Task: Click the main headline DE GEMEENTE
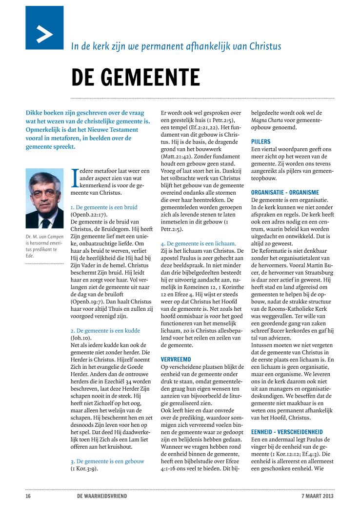click(x=135, y=77)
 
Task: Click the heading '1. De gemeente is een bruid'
click(x=104, y=207)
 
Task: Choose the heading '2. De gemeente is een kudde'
click(x=105, y=317)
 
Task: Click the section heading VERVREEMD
click(x=176, y=345)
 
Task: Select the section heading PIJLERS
click(x=261, y=141)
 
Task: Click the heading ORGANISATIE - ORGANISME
click(x=285, y=192)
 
